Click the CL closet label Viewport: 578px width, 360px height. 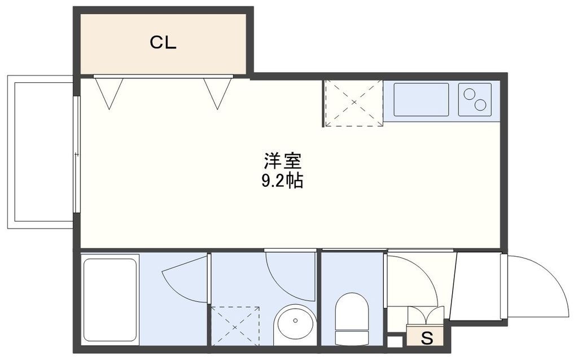(163, 43)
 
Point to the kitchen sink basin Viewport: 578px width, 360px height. (421, 100)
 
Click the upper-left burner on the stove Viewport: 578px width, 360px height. (468, 94)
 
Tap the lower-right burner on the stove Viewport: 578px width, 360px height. (480, 105)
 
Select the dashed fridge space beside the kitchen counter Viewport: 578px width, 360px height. (353, 103)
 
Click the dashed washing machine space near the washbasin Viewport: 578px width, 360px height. (235, 326)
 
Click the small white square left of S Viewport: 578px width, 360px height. (395, 341)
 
